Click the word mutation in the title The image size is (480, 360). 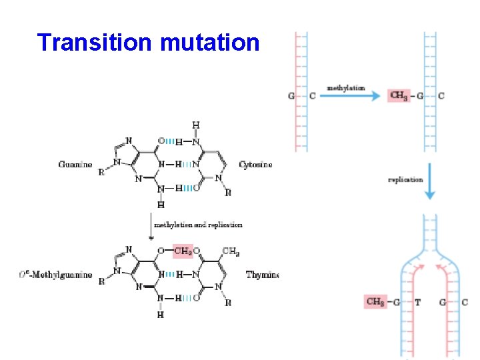210,43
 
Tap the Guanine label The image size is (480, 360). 75,165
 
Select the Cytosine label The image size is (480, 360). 255,165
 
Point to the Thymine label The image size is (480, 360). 262,275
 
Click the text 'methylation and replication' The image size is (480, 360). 198,225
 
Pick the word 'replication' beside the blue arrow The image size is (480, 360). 405,179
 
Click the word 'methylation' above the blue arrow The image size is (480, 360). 345,87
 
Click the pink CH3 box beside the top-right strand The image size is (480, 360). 399,95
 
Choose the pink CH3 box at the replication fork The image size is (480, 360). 376,302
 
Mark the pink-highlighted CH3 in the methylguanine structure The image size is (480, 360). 183,251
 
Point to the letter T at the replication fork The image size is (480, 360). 418,302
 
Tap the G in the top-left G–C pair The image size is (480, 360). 291,95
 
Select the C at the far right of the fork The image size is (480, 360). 465,302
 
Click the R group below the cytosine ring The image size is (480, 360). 228,193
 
